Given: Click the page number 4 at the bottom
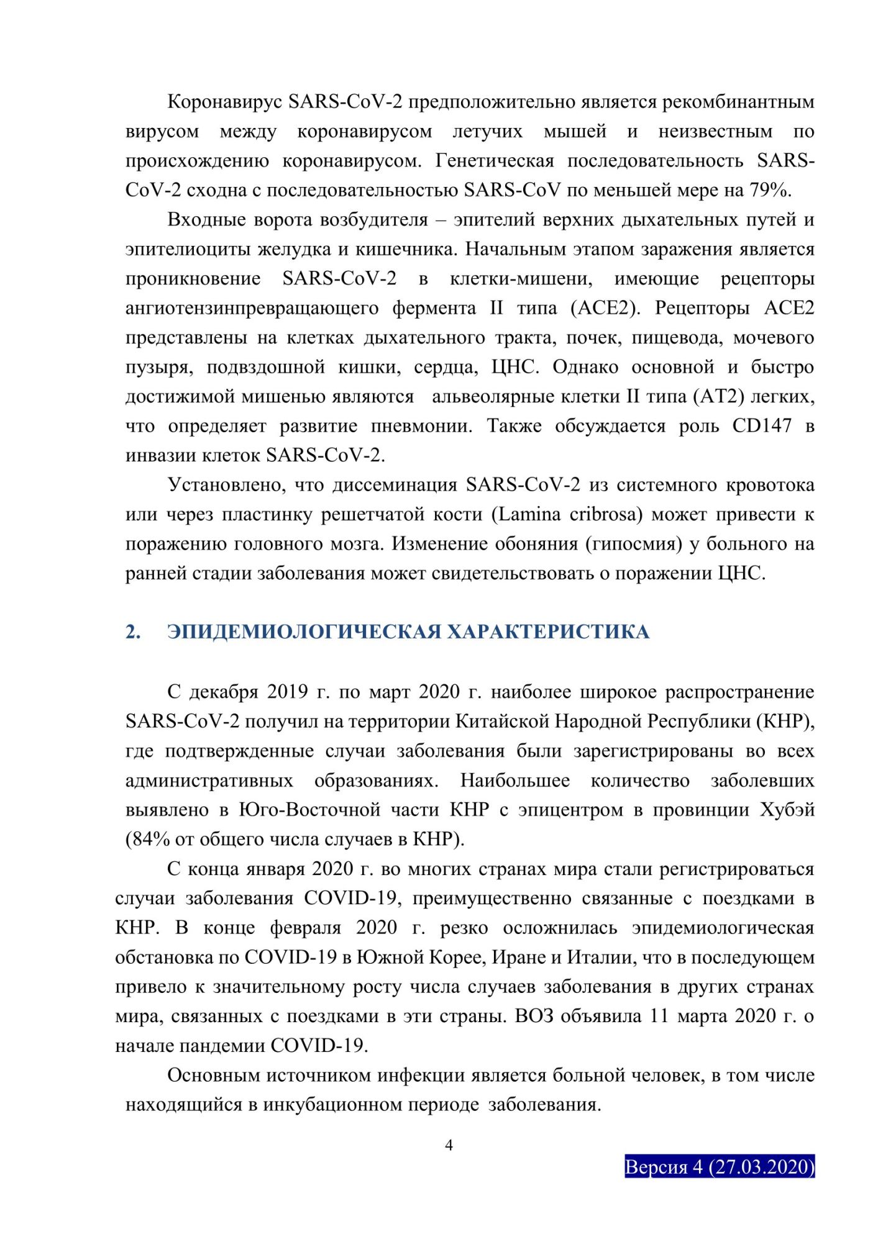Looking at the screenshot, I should (449, 1145).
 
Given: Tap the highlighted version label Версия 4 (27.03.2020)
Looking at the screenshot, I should (719, 1166).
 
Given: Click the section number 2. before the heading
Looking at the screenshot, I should (133, 632).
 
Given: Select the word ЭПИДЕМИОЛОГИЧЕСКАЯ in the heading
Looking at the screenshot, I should (304, 632).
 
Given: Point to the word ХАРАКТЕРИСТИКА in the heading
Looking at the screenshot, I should (548, 632).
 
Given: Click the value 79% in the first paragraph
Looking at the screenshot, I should (770, 190).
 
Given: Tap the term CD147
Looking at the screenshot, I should (762, 425).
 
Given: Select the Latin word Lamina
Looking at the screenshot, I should (530, 514).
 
